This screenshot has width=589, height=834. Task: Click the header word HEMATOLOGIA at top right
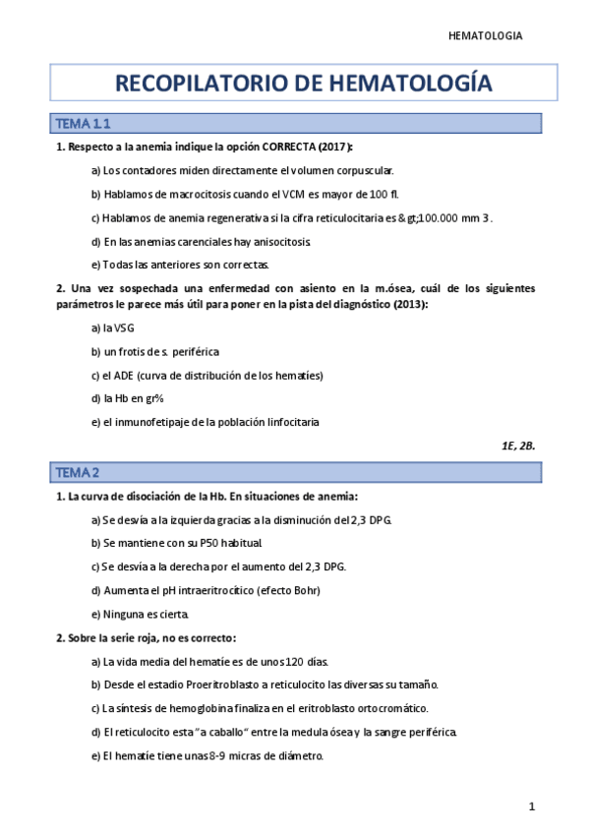[485, 35]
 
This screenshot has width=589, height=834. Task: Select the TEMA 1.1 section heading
[82, 123]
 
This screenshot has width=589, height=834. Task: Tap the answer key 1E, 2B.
[518, 445]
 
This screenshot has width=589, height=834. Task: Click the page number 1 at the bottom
[532, 806]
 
